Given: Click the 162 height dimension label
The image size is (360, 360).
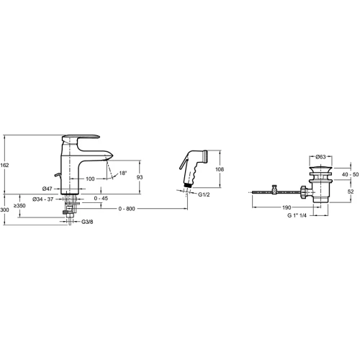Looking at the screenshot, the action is [x=4, y=165].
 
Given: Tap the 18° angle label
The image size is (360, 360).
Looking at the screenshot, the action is [x=123, y=173].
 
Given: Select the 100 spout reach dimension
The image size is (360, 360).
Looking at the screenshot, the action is [x=90, y=179].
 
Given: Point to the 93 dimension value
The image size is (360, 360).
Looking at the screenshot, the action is [x=140, y=177].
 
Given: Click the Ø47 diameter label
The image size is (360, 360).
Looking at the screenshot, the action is [x=48, y=189].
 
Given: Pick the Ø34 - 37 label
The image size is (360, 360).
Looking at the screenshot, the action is [x=43, y=199].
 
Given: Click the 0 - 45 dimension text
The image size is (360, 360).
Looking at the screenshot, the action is [x=101, y=198].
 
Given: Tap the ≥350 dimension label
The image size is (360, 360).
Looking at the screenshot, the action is [x=19, y=206].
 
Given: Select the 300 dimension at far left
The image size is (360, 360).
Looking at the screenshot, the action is [x=4, y=210].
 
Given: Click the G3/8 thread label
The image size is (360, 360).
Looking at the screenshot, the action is [x=87, y=222].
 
